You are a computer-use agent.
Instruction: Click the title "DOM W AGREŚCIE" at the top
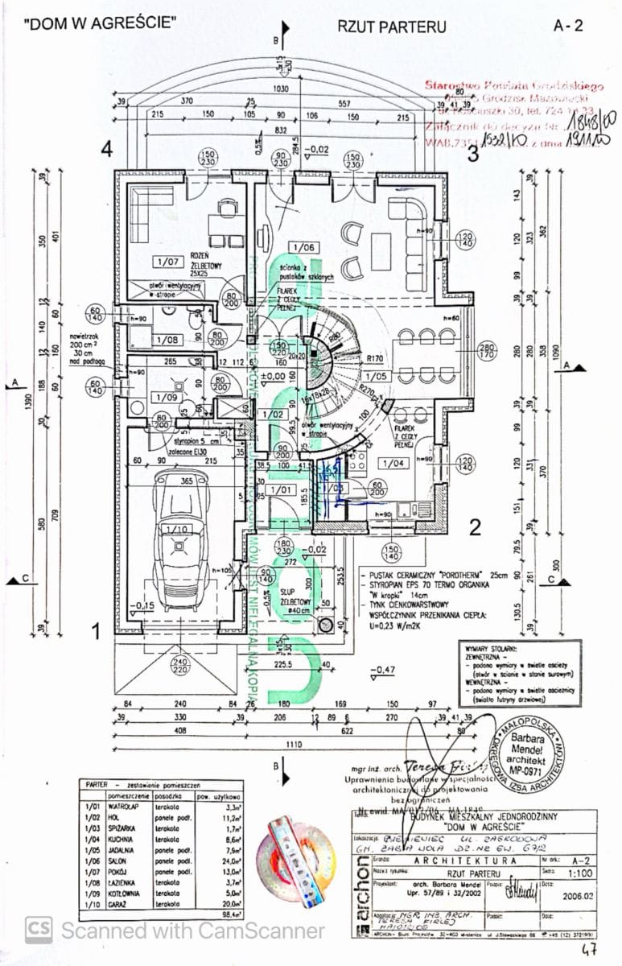point(100,23)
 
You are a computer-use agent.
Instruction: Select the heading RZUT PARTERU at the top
point(391,26)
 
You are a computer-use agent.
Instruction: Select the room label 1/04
point(393,463)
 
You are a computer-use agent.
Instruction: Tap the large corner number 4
point(105,149)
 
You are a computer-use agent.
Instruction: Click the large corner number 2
point(475,527)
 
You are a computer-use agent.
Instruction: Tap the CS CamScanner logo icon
point(39,931)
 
